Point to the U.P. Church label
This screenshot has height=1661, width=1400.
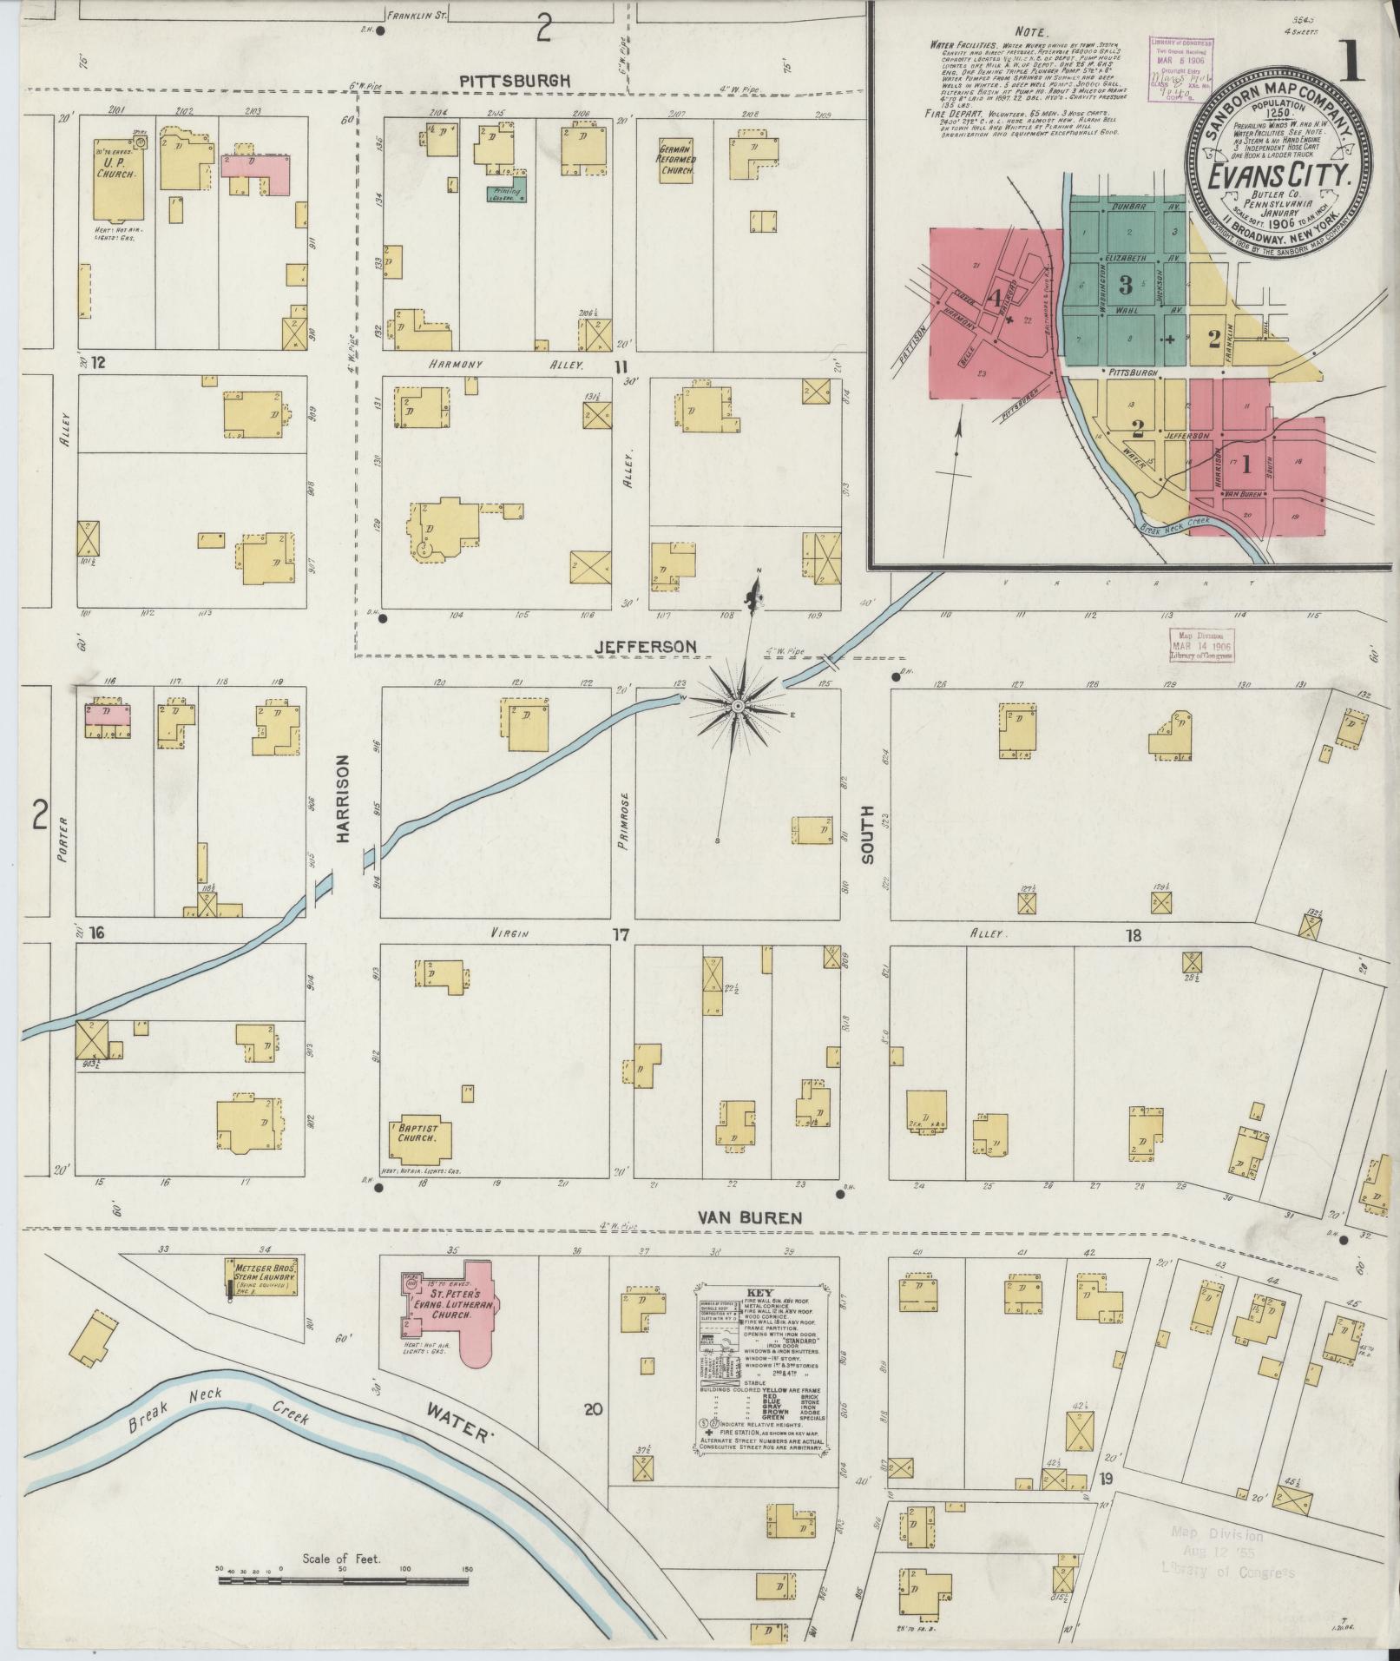tap(115, 168)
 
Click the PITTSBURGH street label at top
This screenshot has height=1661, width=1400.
tap(515, 80)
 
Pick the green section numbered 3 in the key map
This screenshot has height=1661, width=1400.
tap(1126, 284)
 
